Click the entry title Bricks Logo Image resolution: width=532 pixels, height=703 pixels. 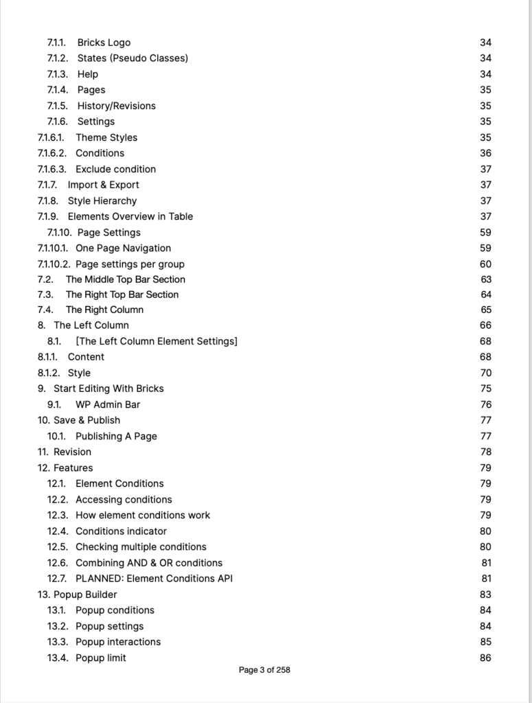[x=104, y=43]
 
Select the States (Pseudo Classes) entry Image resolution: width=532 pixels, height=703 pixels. [x=132, y=58]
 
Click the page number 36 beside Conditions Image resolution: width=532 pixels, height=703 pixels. [x=485, y=153]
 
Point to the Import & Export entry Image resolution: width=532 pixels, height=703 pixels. [x=103, y=185]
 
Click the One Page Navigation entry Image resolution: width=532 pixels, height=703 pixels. [x=123, y=248]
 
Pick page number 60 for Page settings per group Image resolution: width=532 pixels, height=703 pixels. [x=485, y=264]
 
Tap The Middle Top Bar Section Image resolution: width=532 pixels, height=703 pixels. [x=125, y=279]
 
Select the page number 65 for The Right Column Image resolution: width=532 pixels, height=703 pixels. [x=485, y=310]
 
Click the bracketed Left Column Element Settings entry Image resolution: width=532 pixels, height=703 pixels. [x=157, y=341]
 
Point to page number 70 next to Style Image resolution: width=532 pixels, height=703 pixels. [x=485, y=373]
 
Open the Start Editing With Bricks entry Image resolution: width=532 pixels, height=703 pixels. [x=108, y=389]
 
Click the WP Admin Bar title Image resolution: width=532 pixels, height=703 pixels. [x=108, y=404]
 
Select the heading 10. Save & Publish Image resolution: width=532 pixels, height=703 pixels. [x=79, y=420]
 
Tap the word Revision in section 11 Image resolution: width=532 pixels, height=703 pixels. [x=72, y=452]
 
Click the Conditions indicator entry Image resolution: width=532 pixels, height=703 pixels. [x=121, y=531]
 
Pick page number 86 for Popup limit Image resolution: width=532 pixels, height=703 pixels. [x=485, y=658]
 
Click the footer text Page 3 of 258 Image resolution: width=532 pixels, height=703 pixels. [x=264, y=670]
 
